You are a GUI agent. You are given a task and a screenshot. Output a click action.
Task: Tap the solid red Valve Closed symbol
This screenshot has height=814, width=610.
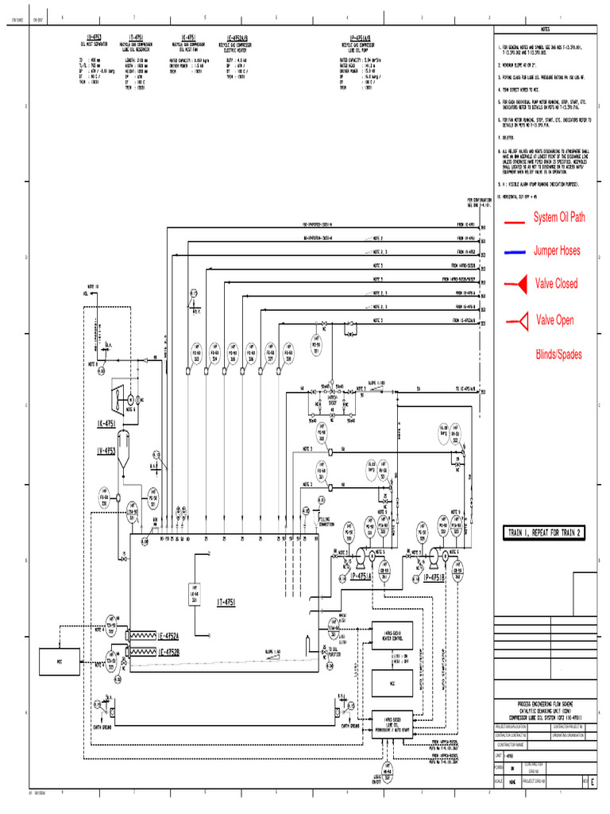pyautogui.click(x=517, y=284)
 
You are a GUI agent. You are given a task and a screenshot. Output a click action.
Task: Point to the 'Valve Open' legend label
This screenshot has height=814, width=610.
pyautogui.click(x=554, y=320)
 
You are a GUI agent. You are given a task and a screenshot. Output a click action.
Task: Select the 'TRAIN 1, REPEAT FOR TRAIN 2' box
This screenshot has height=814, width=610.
pyautogui.click(x=545, y=533)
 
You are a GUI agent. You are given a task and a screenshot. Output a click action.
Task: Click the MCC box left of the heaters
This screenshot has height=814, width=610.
pyautogui.click(x=58, y=661)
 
